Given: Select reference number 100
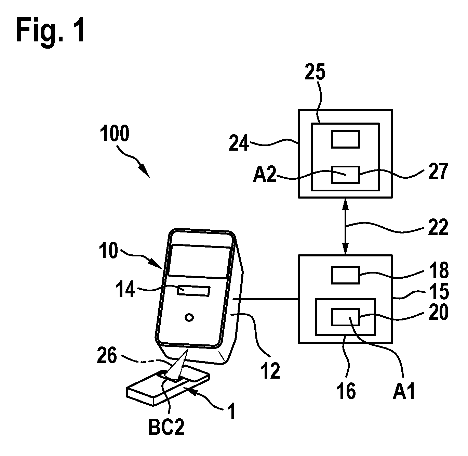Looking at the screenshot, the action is click(x=114, y=133).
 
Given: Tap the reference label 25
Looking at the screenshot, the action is click(x=315, y=72).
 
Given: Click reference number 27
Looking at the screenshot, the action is click(x=438, y=171).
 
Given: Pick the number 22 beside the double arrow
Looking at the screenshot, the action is click(x=438, y=227).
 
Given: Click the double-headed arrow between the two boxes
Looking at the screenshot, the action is click(x=346, y=226).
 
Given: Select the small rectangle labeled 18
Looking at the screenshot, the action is click(x=345, y=275).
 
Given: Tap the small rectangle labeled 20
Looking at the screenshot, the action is click(x=345, y=317).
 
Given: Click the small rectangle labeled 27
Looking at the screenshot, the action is click(x=345, y=175).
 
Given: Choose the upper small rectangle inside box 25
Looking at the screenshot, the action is click(x=345, y=139).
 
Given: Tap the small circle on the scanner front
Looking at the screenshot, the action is click(x=189, y=317).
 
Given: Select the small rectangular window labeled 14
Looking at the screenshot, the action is click(x=193, y=291).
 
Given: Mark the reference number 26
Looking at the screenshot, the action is click(x=107, y=355).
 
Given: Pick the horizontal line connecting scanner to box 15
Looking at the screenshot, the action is click(x=266, y=300).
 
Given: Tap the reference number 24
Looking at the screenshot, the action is click(x=239, y=143).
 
